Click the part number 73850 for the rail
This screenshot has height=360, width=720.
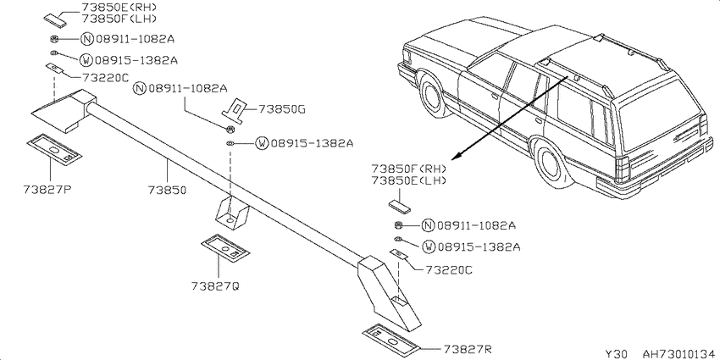167,189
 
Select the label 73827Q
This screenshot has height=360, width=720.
215,286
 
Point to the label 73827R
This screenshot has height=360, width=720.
468,350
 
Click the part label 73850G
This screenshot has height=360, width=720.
282,109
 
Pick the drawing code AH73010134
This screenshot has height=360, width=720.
678,353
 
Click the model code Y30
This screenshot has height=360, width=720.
614,353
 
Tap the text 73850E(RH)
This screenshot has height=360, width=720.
119,8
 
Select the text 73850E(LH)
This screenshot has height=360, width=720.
408,180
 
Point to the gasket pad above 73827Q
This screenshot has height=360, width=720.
225,249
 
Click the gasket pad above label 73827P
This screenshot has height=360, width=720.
53,150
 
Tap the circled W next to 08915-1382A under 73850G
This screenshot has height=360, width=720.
262,143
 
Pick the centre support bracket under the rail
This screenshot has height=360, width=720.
231,211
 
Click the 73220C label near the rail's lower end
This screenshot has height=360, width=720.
448,269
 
